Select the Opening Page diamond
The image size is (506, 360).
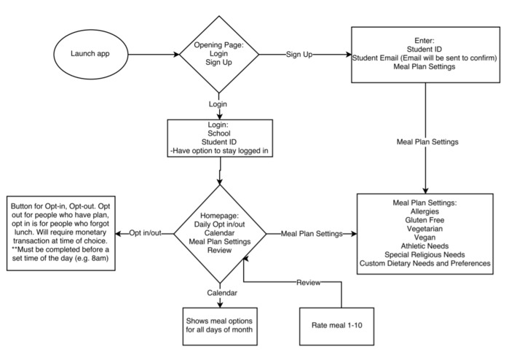coord(218,54)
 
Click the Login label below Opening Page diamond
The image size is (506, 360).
coord(218,104)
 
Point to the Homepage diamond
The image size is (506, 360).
coord(218,234)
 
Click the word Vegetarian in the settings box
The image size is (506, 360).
coord(425,227)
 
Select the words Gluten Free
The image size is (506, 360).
coord(425,218)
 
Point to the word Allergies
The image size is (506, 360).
coord(425,209)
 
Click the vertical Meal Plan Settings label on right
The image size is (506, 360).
coord(425,141)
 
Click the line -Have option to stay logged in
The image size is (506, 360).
coord(218,151)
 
